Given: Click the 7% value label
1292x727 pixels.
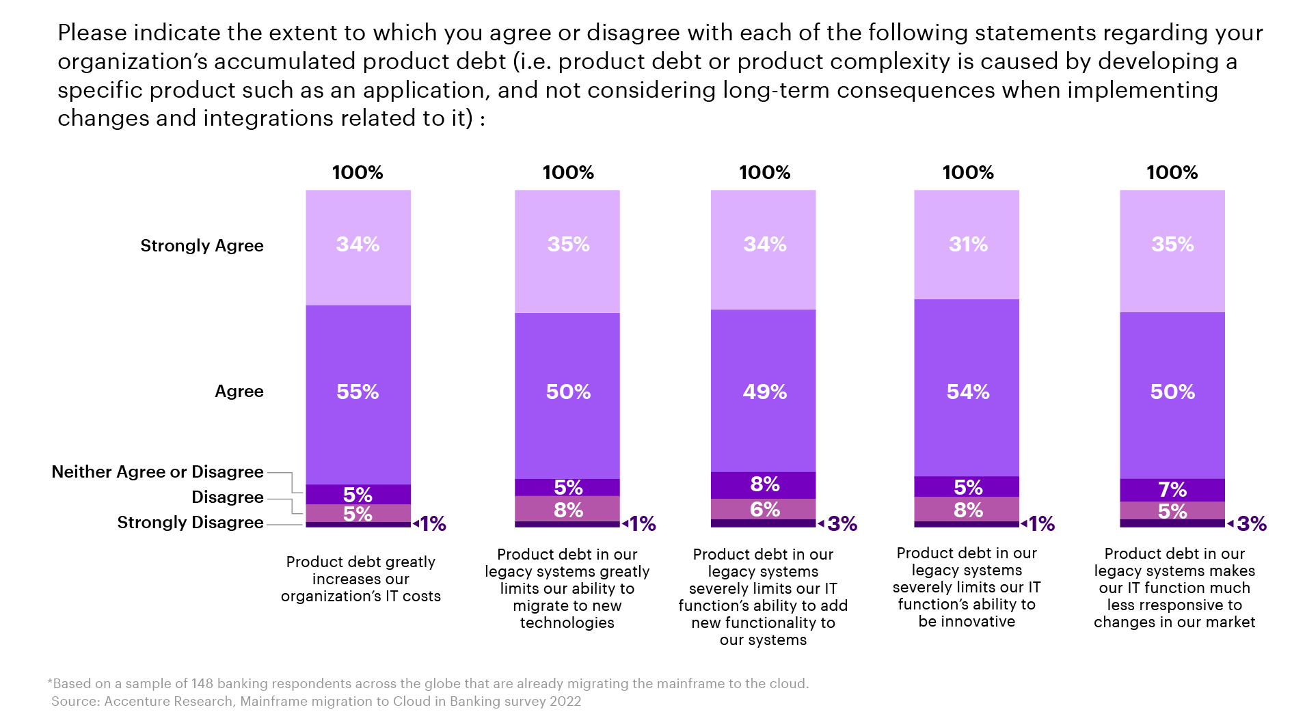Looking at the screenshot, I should click(1172, 490).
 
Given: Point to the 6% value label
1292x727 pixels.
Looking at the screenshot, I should click(764, 509).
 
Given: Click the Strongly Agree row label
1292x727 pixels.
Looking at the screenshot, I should click(202, 246).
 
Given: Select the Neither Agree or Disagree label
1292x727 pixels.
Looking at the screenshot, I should click(157, 472).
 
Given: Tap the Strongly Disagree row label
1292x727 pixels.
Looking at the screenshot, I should click(190, 523).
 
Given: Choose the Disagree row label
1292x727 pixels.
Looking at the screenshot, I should click(227, 497).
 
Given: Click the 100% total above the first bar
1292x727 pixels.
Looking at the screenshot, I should click(358, 173).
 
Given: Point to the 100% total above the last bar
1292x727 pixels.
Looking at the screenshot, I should click(1172, 173).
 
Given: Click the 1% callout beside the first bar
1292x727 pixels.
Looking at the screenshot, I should click(433, 524).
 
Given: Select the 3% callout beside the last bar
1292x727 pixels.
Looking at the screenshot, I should click(1251, 524).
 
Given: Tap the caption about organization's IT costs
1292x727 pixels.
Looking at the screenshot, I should click(361, 579).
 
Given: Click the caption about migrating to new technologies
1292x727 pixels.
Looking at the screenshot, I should click(567, 588).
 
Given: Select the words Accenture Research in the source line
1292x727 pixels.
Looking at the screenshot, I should click(168, 701).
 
